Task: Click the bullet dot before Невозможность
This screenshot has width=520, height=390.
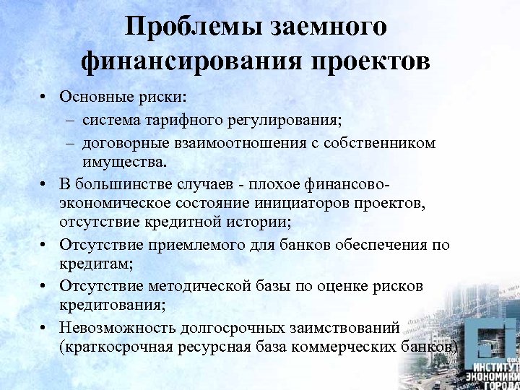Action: [x=44, y=327]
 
